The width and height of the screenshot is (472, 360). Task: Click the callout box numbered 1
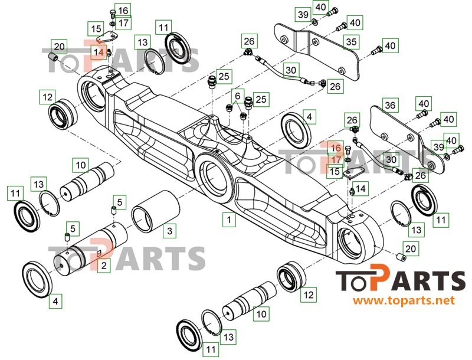click(x=229, y=219)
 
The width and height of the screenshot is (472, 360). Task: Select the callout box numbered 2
click(x=104, y=266)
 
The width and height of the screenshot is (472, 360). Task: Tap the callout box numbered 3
click(x=170, y=231)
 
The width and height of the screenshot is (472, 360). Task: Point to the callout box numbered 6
click(x=238, y=96)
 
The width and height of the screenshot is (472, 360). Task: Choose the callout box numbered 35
click(x=351, y=42)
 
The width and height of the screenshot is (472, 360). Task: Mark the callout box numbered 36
click(x=390, y=105)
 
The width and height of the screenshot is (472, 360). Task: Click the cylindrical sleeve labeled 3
click(x=156, y=211)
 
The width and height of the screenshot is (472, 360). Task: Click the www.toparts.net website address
click(x=404, y=300)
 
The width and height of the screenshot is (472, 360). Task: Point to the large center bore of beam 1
click(x=213, y=178)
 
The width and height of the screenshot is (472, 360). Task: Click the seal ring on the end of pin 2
click(x=37, y=280)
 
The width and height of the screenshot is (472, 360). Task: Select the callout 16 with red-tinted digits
click(x=336, y=148)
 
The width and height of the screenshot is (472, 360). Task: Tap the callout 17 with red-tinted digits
click(x=336, y=159)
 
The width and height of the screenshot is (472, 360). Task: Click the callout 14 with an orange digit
click(x=99, y=52)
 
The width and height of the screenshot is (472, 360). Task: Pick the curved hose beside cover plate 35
click(x=289, y=71)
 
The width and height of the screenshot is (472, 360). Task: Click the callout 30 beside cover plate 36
click(x=391, y=159)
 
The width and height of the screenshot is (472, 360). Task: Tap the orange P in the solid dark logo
click(x=380, y=277)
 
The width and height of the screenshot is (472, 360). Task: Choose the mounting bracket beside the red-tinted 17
click(x=353, y=174)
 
